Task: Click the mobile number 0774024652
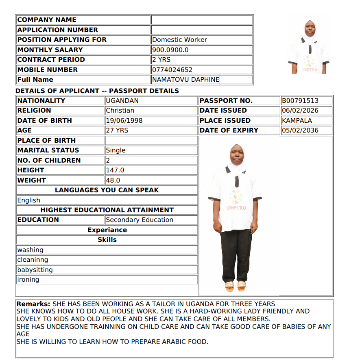point(172,70)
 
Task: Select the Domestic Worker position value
point(179,40)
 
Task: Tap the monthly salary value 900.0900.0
point(170,50)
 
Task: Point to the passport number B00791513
point(300,101)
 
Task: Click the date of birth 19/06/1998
point(124,121)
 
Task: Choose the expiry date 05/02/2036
point(300,130)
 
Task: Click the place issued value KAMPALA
point(297,121)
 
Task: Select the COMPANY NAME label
point(47,20)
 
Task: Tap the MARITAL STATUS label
point(48,150)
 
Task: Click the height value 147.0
point(115,170)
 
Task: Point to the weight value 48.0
point(113,180)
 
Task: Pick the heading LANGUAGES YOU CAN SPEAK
point(107,190)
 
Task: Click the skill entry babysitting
point(35,270)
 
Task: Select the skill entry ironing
point(28,280)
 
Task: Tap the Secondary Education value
point(140,220)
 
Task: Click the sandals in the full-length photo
point(236,286)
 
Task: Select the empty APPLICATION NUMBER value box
point(202,30)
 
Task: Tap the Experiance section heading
point(107,230)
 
